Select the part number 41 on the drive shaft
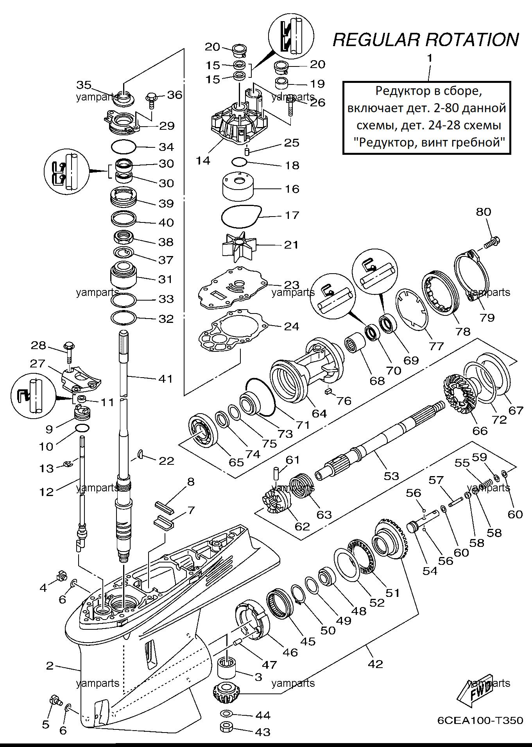(165, 378)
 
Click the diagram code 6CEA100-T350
(480, 720)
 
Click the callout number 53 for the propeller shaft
(391, 476)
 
